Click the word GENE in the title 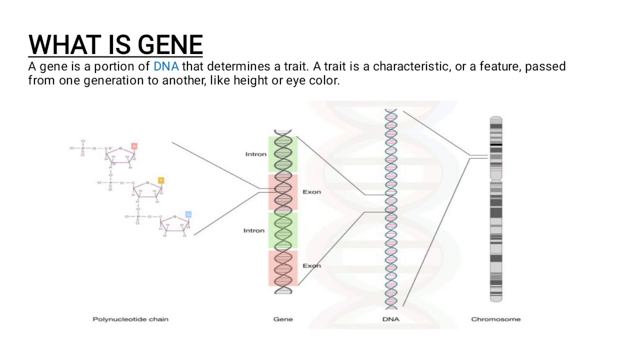170,45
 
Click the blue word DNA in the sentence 166,66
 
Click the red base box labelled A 134,146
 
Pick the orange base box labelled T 161,180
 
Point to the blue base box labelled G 188,214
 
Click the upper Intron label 255,154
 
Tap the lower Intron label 253,230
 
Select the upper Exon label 311,192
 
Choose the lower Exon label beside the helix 311,265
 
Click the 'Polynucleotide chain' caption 130,319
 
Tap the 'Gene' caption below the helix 283,319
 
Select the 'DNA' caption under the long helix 391,319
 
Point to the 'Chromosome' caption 495,319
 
